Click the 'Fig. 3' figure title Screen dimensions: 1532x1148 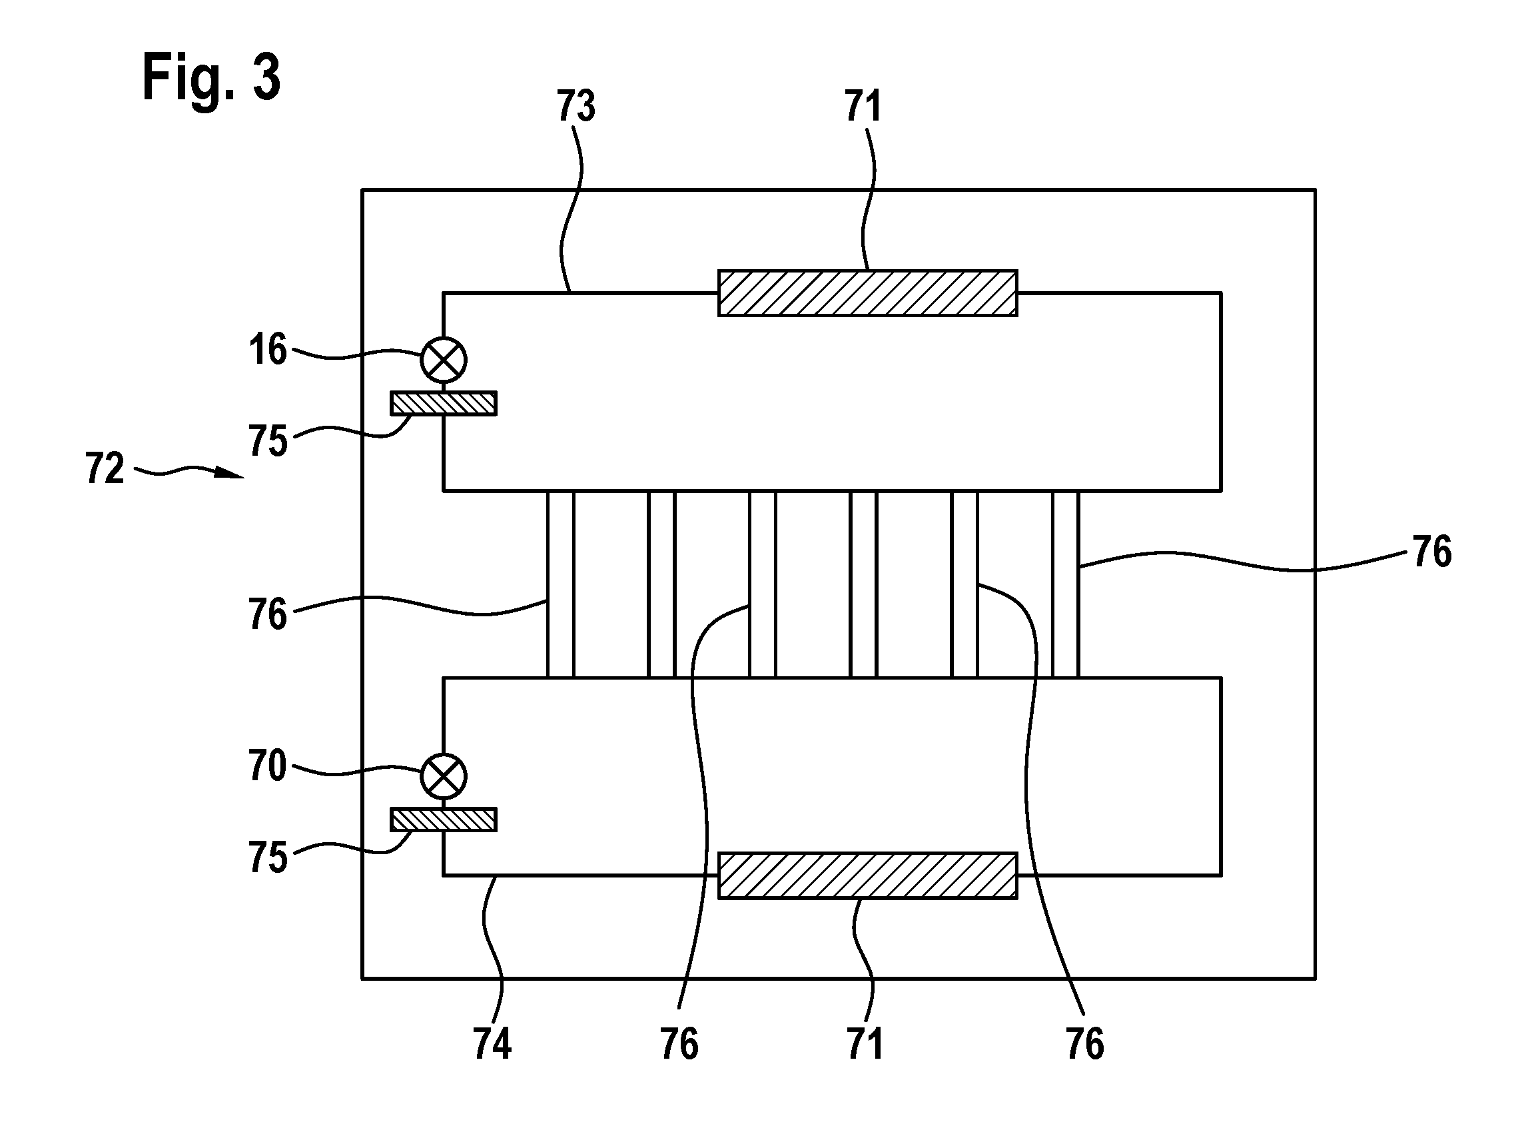(x=211, y=79)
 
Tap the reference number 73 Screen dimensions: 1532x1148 (x=576, y=107)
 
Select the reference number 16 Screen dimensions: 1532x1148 (x=268, y=350)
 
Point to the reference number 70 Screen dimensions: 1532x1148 (x=267, y=767)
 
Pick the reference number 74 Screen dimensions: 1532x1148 (x=492, y=1043)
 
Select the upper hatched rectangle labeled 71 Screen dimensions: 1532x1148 (x=868, y=293)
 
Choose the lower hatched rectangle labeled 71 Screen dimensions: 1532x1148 (x=868, y=875)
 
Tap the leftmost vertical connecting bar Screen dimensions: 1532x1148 (x=561, y=584)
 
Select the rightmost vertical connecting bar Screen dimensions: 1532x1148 (x=1066, y=584)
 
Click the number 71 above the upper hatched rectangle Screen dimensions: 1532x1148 (x=863, y=107)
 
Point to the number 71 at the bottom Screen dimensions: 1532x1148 (x=865, y=1043)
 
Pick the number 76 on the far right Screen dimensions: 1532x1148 (x=1432, y=552)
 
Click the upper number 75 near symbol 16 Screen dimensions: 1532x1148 (x=268, y=440)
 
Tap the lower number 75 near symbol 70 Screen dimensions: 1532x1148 (x=268, y=858)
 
